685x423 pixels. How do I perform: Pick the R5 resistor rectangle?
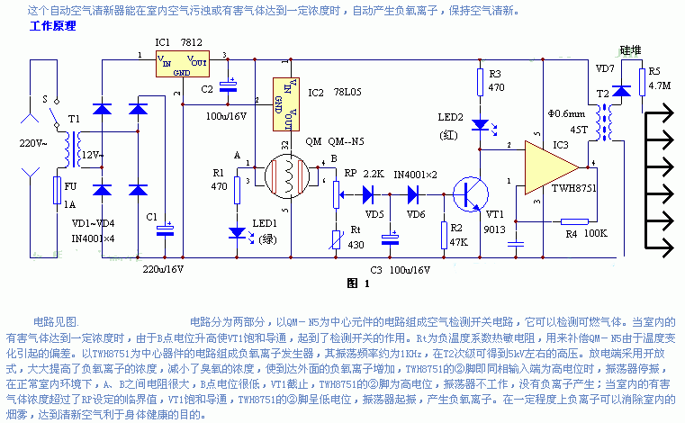click(x=641, y=79)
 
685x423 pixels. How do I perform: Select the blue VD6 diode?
click(x=416, y=192)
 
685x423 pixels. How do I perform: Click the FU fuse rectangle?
click(x=57, y=191)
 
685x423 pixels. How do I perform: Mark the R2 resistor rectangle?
click(x=444, y=233)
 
